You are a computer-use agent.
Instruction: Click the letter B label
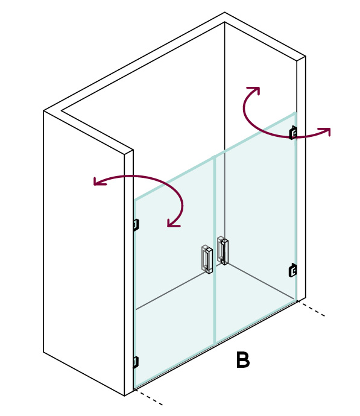click(x=243, y=360)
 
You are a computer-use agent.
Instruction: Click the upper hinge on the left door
click(x=136, y=225)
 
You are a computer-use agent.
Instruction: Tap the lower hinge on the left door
click(x=136, y=362)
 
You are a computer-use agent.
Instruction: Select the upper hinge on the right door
click(x=293, y=133)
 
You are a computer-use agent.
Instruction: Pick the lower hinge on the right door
click(x=292, y=270)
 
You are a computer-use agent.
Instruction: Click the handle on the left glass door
click(x=207, y=259)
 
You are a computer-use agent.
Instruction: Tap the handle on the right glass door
click(x=223, y=250)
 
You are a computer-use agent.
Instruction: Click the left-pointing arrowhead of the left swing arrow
click(x=98, y=181)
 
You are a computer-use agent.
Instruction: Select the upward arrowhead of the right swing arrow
click(x=254, y=90)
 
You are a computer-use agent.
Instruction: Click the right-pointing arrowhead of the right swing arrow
click(x=326, y=131)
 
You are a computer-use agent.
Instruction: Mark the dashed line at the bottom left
click(x=148, y=397)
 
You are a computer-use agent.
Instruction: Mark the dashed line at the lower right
click(x=311, y=309)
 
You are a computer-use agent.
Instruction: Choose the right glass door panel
click(x=256, y=228)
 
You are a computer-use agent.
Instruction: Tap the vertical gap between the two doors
click(x=215, y=250)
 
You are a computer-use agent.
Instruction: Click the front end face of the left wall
click(x=129, y=273)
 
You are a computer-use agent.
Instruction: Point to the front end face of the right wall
click(x=301, y=178)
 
